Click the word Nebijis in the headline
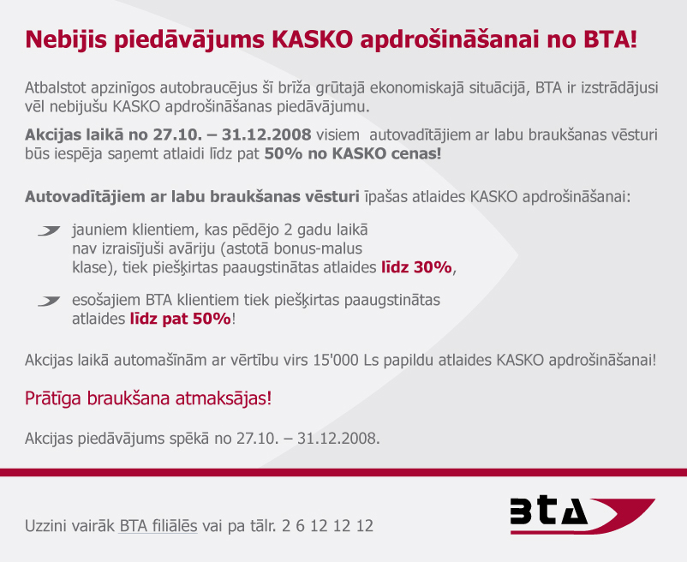[x=66, y=39]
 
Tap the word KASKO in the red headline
[x=312, y=39]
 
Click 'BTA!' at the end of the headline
[x=610, y=39]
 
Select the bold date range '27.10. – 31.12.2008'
[x=232, y=135]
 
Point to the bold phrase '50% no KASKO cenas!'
[x=353, y=153]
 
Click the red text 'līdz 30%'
[x=416, y=266]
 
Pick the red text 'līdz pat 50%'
[x=181, y=319]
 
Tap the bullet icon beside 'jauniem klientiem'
[x=49, y=230]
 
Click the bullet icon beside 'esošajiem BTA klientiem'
[x=49, y=301]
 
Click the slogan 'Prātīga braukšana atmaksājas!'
[x=148, y=398]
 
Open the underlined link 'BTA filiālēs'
[x=158, y=525]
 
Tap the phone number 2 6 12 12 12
[x=328, y=525]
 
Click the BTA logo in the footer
[x=582, y=516]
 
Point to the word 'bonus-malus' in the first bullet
[x=318, y=248]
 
